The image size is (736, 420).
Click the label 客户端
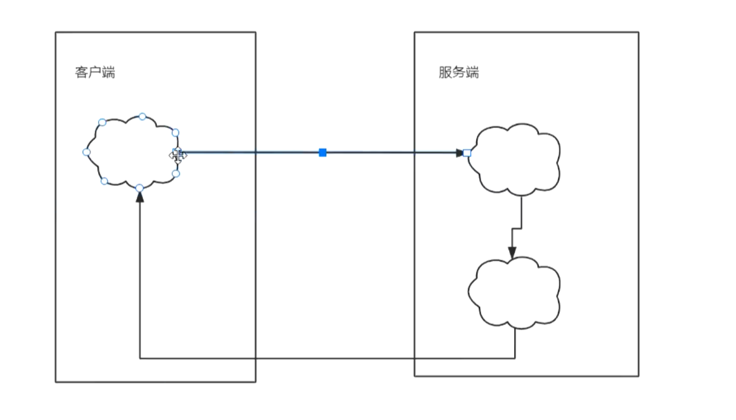(x=95, y=72)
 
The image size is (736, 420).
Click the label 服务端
(x=458, y=72)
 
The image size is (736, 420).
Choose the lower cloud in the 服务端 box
(x=514, y=293)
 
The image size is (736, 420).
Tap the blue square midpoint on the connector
(x=322, y=152)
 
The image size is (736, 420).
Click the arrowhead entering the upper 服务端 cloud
(x=459, y=153)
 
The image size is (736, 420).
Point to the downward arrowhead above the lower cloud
(x=512, y=252)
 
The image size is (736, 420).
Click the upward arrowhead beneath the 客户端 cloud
(x=139, y=196)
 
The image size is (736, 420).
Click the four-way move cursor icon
(x=177, y=155)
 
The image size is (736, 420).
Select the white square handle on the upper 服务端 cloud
(x=467, y=153)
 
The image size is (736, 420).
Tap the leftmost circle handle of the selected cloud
(x=86, y=152)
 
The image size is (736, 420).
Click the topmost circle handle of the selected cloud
(x=142, y=116)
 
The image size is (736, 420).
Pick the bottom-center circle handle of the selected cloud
(x=139, y=188)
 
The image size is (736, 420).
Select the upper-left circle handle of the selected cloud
(x=102, y=122)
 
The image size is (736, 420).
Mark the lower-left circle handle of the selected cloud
(x=104, y=181)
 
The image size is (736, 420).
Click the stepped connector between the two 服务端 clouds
(x=517, y=228)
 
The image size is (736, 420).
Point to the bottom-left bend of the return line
(x=140, y=358)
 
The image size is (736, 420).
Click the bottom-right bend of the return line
(x=515, y=358)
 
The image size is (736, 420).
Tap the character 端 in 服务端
(x=473, y=72)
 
